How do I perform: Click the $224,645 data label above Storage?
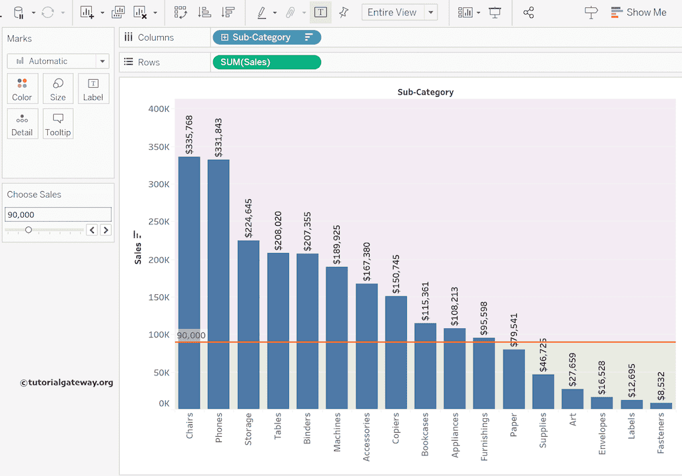tap(248, 218)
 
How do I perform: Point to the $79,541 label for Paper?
tap(513, 330)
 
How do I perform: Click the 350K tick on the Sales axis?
tap(159, 147)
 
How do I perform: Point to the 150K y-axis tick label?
tap(159, 297)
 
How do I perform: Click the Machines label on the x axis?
tap(336, 432)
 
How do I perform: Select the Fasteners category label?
tap(661, 433)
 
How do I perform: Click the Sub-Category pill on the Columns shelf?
tap(266, 37)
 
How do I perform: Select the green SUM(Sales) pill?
tap(266, 62)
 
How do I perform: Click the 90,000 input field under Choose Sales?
tap(58, 214)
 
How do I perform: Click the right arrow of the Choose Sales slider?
tap(105, 230)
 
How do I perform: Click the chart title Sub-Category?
tap(425, 92)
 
